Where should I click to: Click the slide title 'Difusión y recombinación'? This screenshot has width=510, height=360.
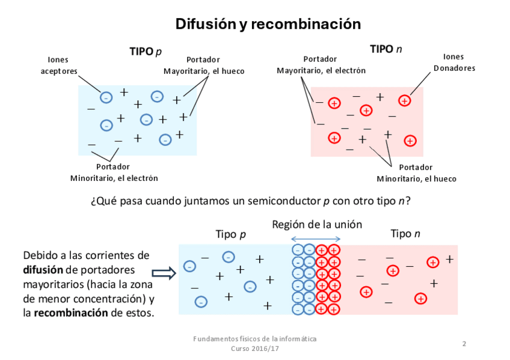268,24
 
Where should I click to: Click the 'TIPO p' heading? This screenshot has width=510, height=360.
146,52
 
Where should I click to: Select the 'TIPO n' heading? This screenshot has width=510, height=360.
386,49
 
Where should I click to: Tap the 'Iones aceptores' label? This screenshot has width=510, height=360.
58,66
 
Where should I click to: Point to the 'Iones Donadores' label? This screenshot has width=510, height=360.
454,63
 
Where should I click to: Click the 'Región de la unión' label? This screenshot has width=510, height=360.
317,225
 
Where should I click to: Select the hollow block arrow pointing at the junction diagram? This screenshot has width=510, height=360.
164,273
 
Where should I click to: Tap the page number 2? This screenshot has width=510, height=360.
464,344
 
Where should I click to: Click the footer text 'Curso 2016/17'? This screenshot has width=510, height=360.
255,349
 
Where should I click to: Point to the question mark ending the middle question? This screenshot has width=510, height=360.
408,201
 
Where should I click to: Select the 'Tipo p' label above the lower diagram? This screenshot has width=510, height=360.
231,234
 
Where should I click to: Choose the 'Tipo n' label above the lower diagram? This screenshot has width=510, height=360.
405,234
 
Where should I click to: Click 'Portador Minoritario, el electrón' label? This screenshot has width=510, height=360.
114,172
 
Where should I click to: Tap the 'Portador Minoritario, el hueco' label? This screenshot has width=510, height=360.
416,173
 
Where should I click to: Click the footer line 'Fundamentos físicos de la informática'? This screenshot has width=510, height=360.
255,339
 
